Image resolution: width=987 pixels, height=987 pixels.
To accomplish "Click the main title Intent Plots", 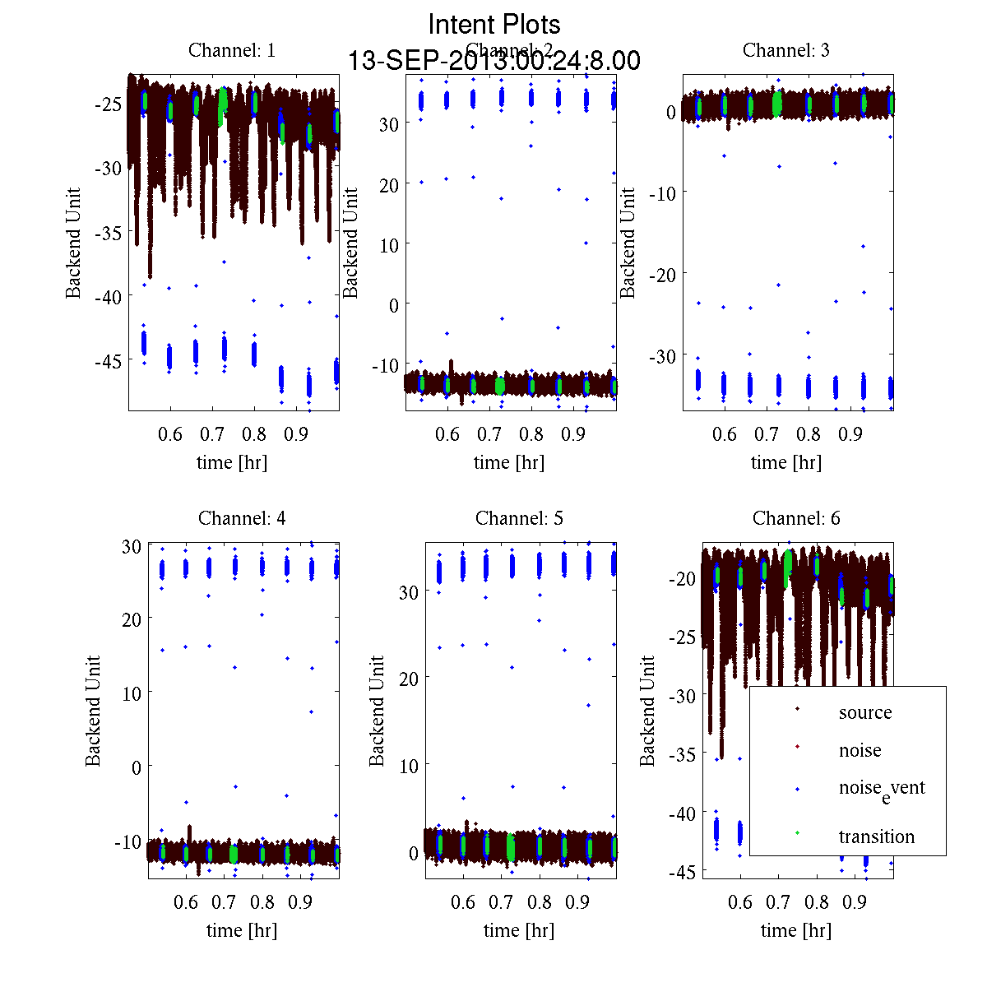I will coord(493,24).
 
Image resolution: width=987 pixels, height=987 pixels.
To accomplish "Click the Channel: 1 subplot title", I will coord(232,50).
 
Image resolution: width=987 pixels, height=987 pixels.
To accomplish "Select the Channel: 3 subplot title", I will coord(785,50).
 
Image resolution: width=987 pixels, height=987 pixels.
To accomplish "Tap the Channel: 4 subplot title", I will coord(242,518).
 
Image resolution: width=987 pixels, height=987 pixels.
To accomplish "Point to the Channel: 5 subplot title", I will coord(519,518).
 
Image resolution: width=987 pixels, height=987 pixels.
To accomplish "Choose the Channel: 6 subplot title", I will coord(796,518).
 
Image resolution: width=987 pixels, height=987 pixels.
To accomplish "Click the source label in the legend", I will coord(864,712).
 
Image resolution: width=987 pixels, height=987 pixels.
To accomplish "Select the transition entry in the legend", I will coord(876,836).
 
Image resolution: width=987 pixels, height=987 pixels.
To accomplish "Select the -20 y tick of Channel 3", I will coord(662,273).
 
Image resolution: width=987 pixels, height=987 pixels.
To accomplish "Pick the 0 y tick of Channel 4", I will coord(136,767).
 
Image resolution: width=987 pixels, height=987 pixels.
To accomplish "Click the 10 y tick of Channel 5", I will coord(409,765).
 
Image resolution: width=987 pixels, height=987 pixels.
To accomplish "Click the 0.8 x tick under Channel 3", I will coord(809,433).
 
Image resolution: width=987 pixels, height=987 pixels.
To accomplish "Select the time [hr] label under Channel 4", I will coord(242,930).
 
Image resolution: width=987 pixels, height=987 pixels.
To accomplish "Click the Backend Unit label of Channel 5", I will coord(377,711).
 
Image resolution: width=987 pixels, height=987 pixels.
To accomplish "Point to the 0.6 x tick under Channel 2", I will coord(447,433).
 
